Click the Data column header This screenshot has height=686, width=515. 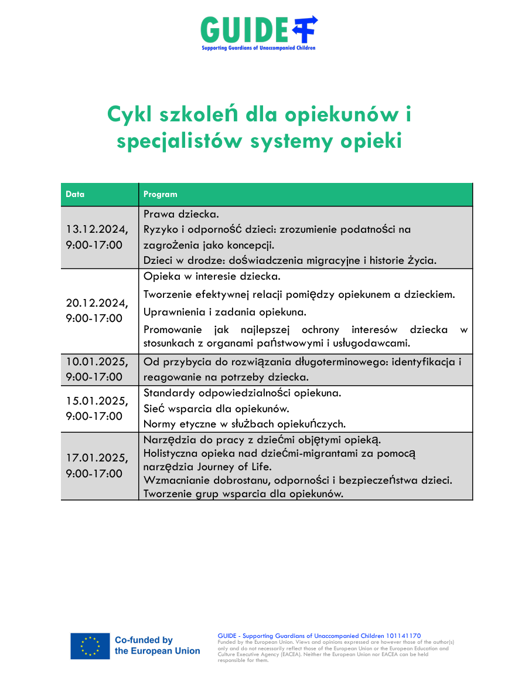75,194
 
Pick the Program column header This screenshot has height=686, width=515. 160,194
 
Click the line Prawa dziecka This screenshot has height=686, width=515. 181,214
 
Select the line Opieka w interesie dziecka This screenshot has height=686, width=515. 212,276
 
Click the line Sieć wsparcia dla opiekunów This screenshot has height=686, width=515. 216,408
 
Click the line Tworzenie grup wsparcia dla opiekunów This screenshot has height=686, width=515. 243,494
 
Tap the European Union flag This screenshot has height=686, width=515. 90,646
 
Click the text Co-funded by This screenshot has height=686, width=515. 144,640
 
